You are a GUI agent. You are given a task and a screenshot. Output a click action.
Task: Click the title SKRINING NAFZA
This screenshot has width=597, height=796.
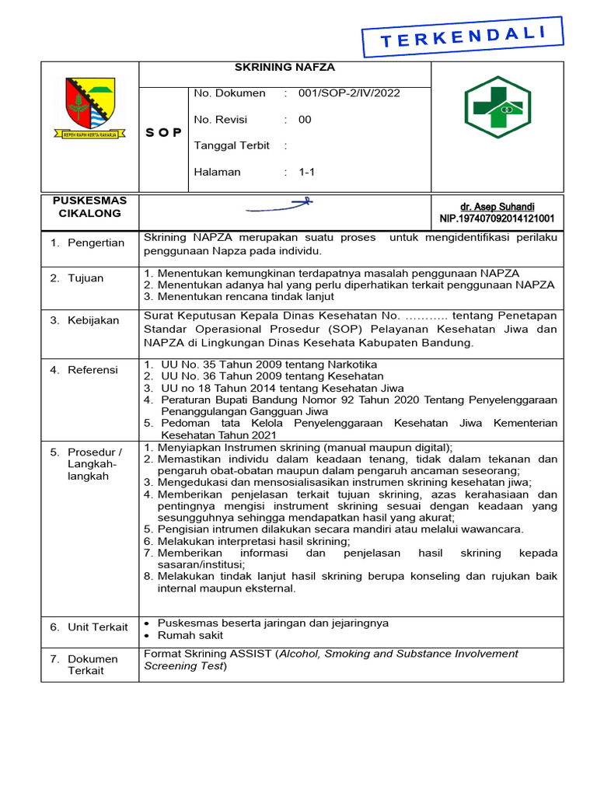[x=284, y=68]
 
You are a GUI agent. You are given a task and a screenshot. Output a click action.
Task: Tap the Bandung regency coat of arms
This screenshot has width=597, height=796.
[x=90, y=108]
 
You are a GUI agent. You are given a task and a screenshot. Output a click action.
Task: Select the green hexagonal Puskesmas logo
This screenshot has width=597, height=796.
[x=497, y=107]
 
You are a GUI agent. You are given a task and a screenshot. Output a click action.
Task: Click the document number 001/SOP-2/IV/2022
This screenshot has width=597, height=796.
[x=349, y=93]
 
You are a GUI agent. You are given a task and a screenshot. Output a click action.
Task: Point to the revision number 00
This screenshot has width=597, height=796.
[x=305, y=120]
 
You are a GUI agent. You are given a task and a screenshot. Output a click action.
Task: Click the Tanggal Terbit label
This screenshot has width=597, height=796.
[x=232, y=145]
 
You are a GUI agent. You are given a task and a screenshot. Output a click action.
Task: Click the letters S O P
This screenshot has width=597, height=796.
[x=163, y=133]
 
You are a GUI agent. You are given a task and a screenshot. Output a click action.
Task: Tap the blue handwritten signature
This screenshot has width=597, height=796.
[x=279, y=206]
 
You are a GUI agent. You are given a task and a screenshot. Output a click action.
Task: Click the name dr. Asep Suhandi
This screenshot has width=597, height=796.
[x=497, y=207]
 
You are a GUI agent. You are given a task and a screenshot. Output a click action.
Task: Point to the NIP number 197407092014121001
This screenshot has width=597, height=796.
[x=497, y=218]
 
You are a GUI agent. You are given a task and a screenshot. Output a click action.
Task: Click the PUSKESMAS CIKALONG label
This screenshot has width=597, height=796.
[x=89, y=207]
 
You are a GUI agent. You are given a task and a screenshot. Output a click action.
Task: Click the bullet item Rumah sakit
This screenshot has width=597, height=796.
[x=190, y=635]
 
